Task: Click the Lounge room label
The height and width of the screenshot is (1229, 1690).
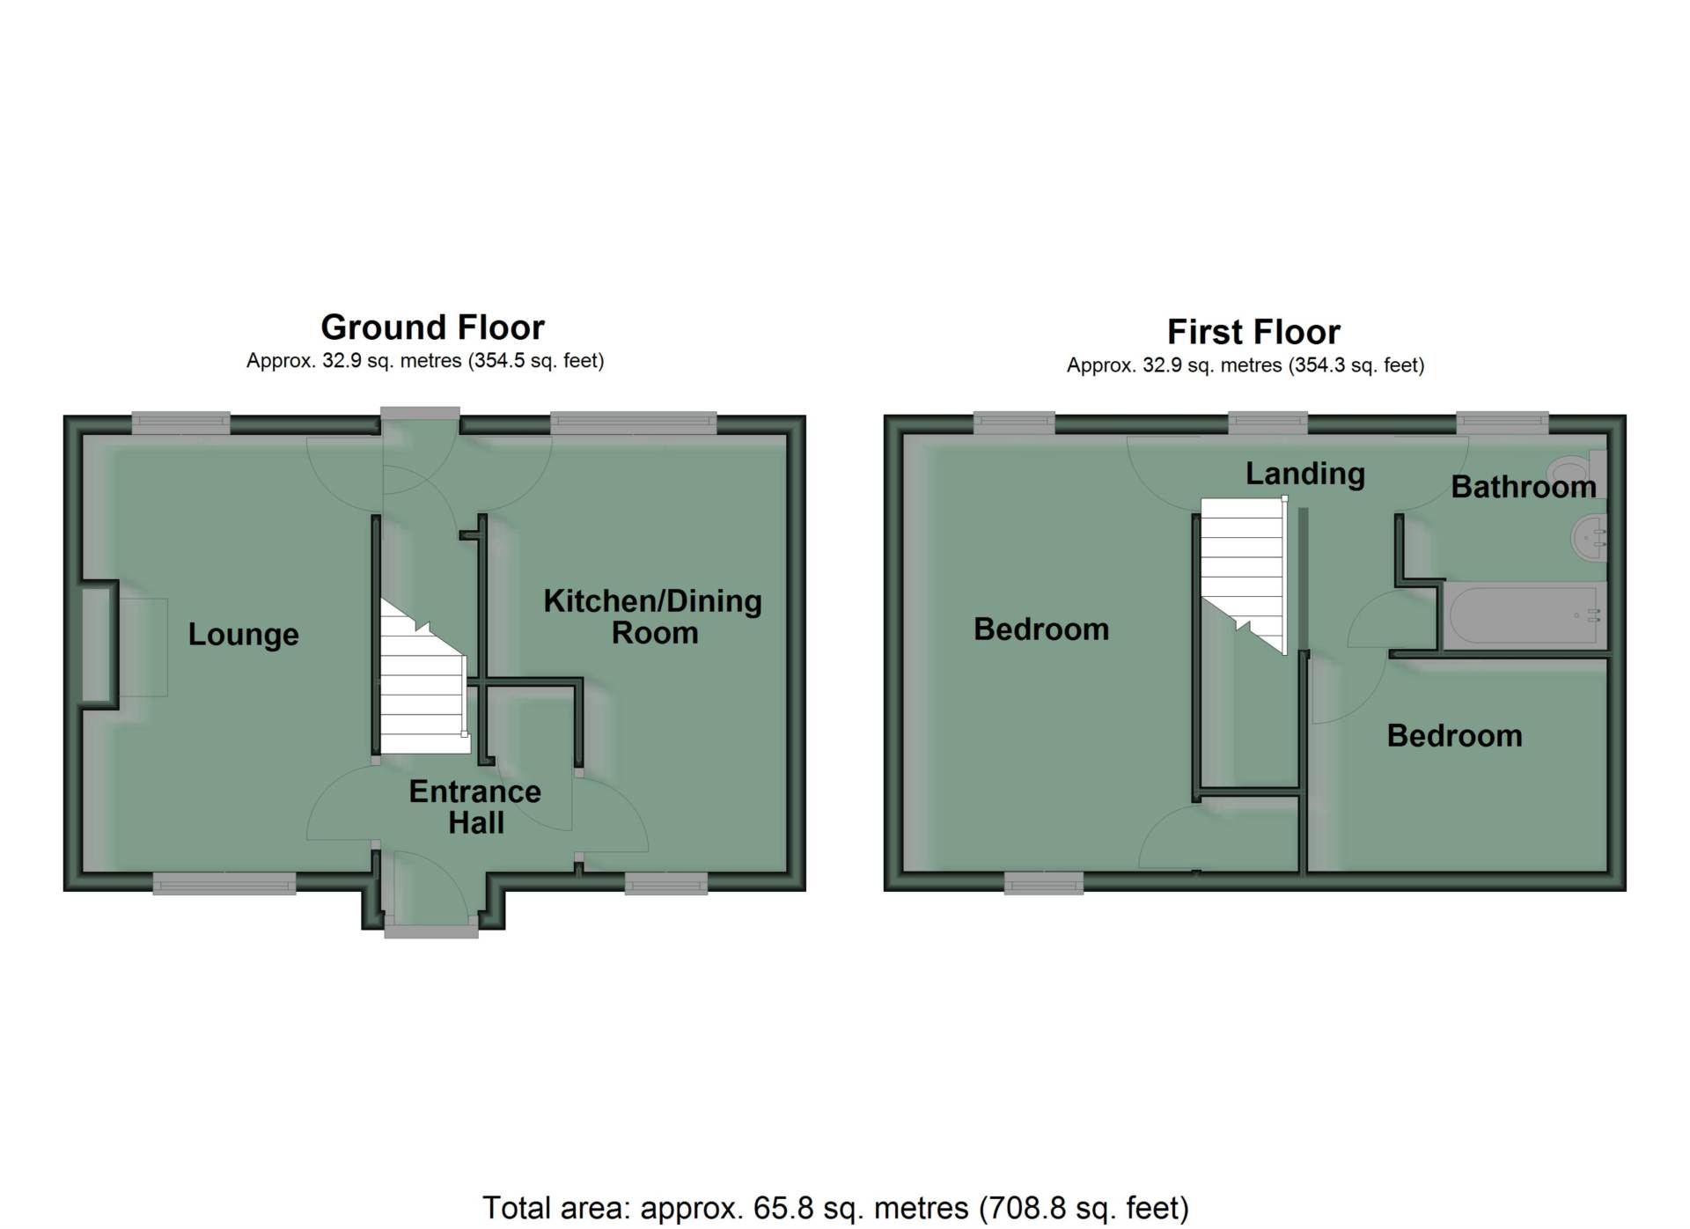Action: (244, 635)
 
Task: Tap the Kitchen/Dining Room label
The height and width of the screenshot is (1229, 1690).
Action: (653, 616)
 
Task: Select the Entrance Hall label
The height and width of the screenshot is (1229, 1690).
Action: (475, 806)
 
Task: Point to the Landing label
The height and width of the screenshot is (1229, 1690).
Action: (1305, 474)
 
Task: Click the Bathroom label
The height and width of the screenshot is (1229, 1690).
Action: (1524, 487)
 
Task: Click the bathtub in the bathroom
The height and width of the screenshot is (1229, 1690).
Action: (1524, 616)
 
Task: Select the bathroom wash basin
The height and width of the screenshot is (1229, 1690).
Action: (1590, 536)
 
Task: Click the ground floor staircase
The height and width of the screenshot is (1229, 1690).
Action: (423, 678)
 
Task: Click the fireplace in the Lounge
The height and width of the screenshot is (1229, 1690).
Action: (99, 644)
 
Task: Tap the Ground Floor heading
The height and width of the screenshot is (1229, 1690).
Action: (432, 327)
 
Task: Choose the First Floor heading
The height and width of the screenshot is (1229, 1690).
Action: (1253, 332)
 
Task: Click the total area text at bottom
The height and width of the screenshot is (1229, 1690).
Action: (835, 1208)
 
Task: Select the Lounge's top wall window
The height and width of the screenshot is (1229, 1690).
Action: (181, 424)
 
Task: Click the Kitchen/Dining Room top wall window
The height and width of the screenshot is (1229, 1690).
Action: (634, 424)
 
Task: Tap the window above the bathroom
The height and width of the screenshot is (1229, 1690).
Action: (1503, 423)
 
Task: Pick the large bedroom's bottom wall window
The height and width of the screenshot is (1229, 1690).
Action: (1044, 883)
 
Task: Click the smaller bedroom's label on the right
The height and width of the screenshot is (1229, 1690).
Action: (1454, 736)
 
